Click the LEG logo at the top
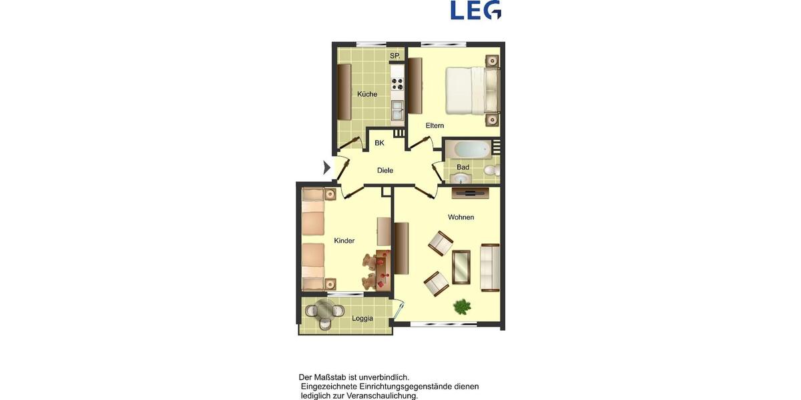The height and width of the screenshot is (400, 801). (476, 10)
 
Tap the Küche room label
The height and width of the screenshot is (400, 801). (367, 94)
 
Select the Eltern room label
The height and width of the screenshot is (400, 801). (435, 125)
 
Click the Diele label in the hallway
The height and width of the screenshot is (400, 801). (385, 171)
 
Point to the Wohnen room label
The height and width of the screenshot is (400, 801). (461, 217)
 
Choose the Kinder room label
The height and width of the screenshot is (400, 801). (344, 241)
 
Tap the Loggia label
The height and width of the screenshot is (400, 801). (362, 318)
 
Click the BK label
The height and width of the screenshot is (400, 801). (379, 143)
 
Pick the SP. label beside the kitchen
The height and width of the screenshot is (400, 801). (394, 56)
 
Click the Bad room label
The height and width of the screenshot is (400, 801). (463, 167)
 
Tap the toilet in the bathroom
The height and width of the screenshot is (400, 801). (491, 171)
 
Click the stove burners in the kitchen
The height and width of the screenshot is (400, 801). (398, 84)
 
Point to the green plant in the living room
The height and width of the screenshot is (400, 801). (462, 306)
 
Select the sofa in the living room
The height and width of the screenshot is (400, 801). (490, 267)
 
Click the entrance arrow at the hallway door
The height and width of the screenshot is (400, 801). (326, 167)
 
